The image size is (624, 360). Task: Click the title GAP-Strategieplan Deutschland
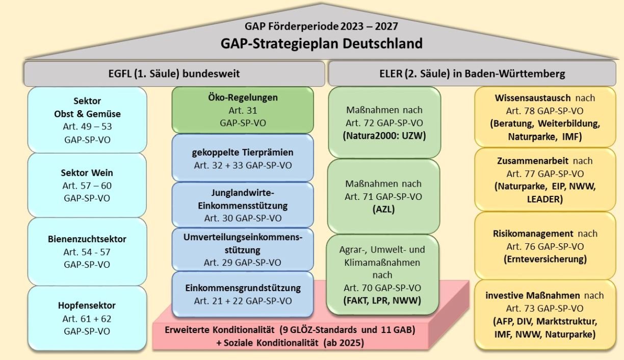tap(322, 43)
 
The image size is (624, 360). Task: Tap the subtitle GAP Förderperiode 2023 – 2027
tap(322, 25)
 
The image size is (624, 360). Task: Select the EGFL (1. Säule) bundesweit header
tap(174, 74)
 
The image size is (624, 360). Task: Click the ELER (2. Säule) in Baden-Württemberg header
tap(473, 74)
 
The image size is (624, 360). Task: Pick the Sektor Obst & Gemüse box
tap(87, 120)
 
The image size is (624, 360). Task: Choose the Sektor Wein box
tap(87, 185)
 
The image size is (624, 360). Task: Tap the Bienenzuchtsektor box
tap(87, 251)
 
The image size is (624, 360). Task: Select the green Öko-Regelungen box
tap(243, 110)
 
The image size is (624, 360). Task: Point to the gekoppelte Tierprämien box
tap(243, 158)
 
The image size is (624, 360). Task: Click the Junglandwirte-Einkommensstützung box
tap(243, 205)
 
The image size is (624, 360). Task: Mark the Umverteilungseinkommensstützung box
tap(243, 250)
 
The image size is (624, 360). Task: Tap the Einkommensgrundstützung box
tap(243, 294)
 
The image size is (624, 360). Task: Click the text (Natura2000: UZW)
tap(384, 137)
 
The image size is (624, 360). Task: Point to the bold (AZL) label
tap(384, 210)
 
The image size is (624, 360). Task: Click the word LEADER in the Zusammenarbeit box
tap(544, 199)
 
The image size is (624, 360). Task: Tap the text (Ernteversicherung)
tap(544, 259)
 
